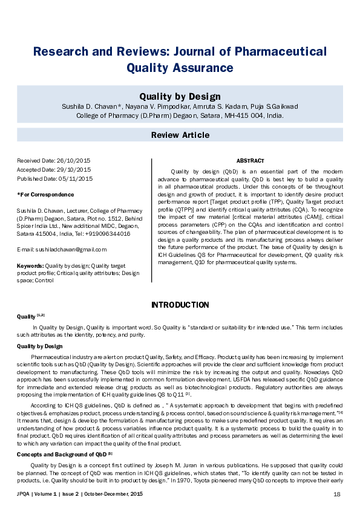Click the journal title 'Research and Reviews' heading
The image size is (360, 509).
tap(180, 51)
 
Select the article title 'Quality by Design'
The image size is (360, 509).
tap(180, 96)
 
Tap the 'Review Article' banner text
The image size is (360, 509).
tap(180, 135)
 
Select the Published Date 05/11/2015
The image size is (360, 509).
tap(76, 178)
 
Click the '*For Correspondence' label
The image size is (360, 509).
tap(45, 195)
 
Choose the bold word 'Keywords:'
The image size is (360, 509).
tap(30, 265)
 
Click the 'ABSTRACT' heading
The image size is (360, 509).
tap(249, 161)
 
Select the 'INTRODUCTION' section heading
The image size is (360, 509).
tap(180, 305)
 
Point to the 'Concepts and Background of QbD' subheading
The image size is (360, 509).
tap(61, 453)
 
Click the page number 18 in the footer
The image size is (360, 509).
tap(337, 494)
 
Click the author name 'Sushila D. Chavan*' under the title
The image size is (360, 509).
tap(90, 106)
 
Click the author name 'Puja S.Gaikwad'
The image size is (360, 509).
tap(272, 106)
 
